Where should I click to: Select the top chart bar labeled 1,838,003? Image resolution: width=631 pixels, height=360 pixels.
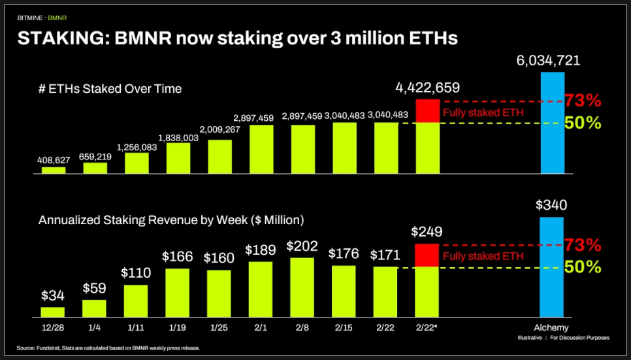pyautogui.click(x=178, y=158)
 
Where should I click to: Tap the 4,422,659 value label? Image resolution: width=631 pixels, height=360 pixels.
pyautogui.click(x=427, y=88)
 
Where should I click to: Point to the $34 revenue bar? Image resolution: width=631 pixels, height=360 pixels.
pyautogui.click(x=54, y=312)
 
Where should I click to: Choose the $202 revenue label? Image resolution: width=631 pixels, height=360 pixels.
pyautogui.click(x=302, y=247)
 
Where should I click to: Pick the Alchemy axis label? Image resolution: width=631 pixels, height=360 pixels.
pyautogui.click(x=553, y=327)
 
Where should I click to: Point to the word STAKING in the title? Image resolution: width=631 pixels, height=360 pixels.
pyautogui.click(x=63, y=39)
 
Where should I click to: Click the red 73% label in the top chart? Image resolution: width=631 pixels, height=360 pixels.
pyautogui.click(x=583, y=101)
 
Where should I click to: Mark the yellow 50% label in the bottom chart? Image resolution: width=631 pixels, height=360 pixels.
pyautogui.click(x=583, y=267)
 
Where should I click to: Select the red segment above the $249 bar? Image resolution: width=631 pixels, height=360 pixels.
pyautogui.click(x=427, y=254)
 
